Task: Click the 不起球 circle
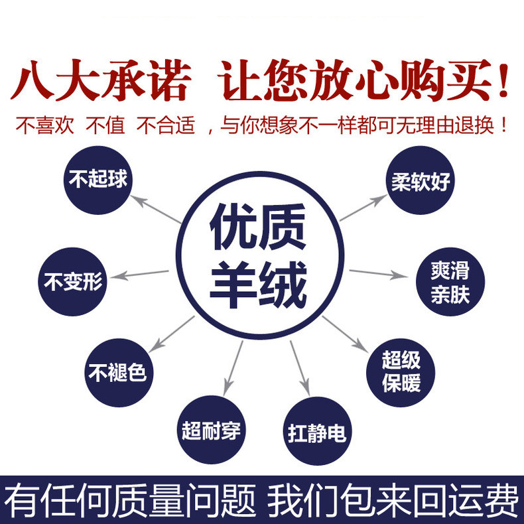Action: click(x=98, y=180)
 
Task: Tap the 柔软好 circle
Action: click(x=421, y=180)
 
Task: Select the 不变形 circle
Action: click(x=72, y=282)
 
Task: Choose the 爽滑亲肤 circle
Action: click(x=450, y=282)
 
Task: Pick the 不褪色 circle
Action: click(x=119, y=373)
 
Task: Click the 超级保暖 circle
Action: click(x=401, y=373)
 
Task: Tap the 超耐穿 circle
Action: click(x=211, y=430)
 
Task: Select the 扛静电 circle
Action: click(x=318, y=431)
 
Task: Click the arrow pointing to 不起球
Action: click(x=156, y=209)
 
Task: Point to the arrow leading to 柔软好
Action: click(x=363, y=208)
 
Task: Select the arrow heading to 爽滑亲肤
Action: click(x=379, y=274)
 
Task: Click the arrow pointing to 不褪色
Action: click(x=171, y=334)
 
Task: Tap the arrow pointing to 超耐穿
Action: click(x=233, y=368)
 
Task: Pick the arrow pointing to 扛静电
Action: click(x=300, y=368)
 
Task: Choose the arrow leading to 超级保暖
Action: click(x=345, y=334)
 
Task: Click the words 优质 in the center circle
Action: click(x=258, y=228)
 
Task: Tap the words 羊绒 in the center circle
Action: click(x=258, y=285)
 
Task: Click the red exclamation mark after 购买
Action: click(x=502, y=80)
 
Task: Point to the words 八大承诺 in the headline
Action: click(x=101, y=80)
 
